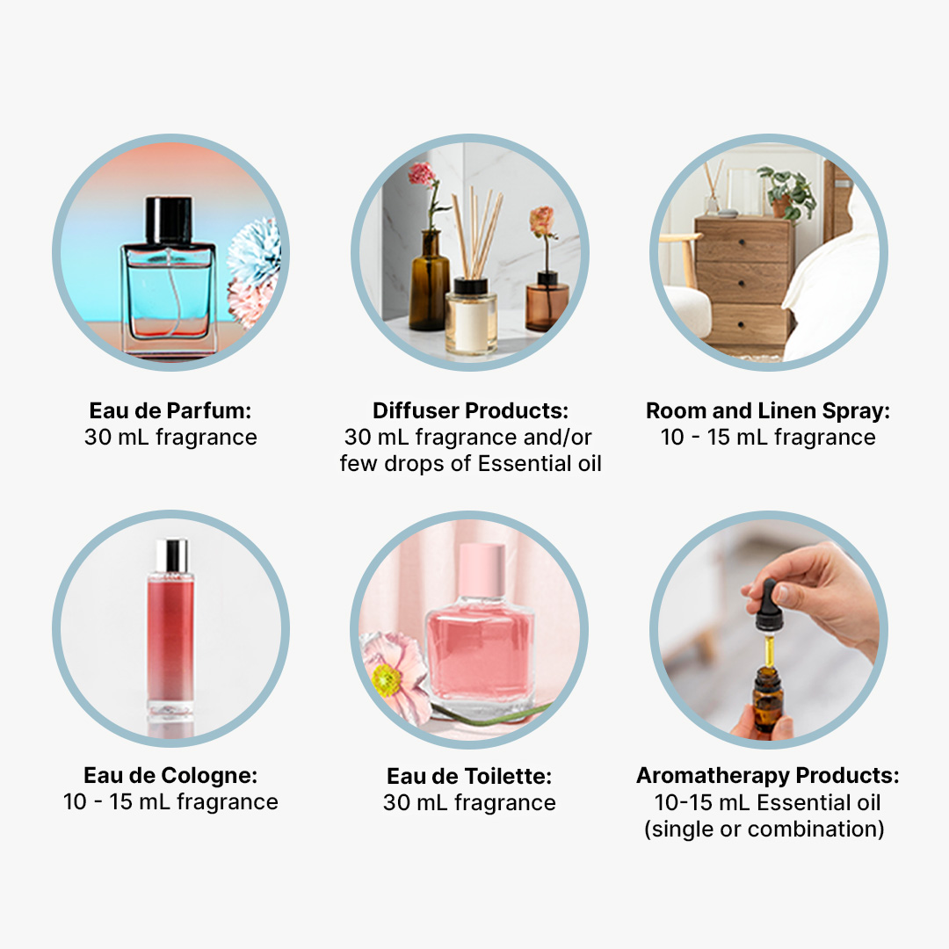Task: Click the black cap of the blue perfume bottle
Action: coord(169,221)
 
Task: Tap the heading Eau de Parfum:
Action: coord(170,410)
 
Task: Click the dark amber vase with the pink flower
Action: coord(429,281)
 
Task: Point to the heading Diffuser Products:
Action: coord(470,410)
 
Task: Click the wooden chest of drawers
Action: coord(744,280)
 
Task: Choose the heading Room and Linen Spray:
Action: coord(768,410)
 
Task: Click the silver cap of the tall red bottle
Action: coord(172,556)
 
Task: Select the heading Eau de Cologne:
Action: coord(170,775)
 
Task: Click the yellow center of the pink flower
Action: coord(387,680)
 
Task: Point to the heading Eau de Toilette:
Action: coord(469,776)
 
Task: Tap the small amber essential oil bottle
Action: coord(767,697)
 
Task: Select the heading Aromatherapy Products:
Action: coord(767,775)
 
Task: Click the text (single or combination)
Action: coord(764,829)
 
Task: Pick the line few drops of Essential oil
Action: coord(470,464)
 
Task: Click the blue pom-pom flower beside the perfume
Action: coord(256,254)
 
